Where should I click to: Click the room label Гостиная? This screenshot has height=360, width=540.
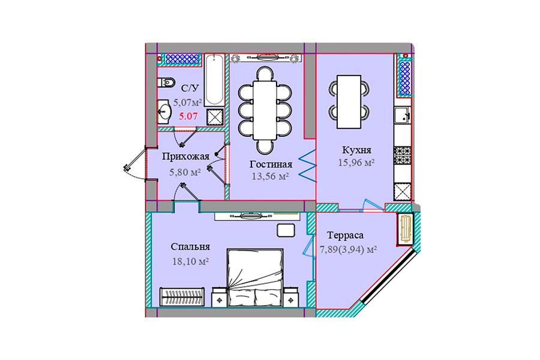[x=271, y=164]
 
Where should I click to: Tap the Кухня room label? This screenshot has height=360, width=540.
[x=356, y=150]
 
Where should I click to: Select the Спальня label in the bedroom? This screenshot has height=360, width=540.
[x=190, y=247]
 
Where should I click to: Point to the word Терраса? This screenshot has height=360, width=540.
[x=345, y=235]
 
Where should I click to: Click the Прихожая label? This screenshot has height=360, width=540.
[x=185, y=157]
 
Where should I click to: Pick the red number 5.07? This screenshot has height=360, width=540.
[x=188, y=116]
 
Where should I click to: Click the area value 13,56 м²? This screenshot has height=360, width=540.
[x=271, y=176]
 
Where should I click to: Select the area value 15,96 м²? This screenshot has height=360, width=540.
[x=356, y=162]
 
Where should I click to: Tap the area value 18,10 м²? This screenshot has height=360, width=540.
[x=190, y=261]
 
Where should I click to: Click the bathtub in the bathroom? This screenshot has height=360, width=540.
[x=214, y=80]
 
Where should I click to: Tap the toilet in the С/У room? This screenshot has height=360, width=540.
[x=166, y=83]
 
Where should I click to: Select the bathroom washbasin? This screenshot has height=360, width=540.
[x=164, y=112]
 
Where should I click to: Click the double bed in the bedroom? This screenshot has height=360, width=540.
[x=255, y=278]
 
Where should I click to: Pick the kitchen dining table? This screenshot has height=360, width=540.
[x=349, y=101]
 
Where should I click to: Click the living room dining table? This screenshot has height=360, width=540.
[x=265, y=110]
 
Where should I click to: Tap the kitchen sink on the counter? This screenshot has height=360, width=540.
[x=402, y=115]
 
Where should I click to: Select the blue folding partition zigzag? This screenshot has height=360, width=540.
[x=307, y=166]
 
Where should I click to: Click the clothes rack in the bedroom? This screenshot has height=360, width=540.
[x=182, y=296]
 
